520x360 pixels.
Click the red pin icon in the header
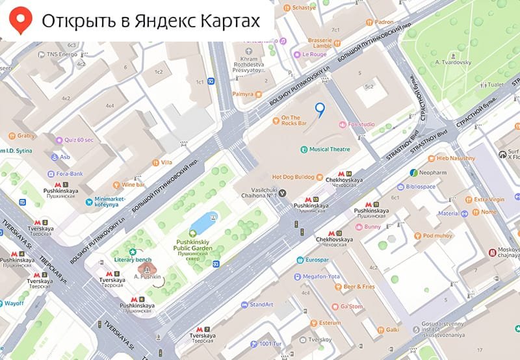tap(22, 21)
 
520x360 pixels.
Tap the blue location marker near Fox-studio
tap(318, 109)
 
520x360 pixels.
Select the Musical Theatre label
tap(329, 149)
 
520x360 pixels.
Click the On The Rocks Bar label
tap(293, 122)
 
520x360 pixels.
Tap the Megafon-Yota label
tap(321, 276)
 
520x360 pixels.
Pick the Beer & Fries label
tap(359, 287)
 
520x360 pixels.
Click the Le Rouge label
tap(314, 55)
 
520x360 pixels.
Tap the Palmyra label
tap(242, 94)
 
